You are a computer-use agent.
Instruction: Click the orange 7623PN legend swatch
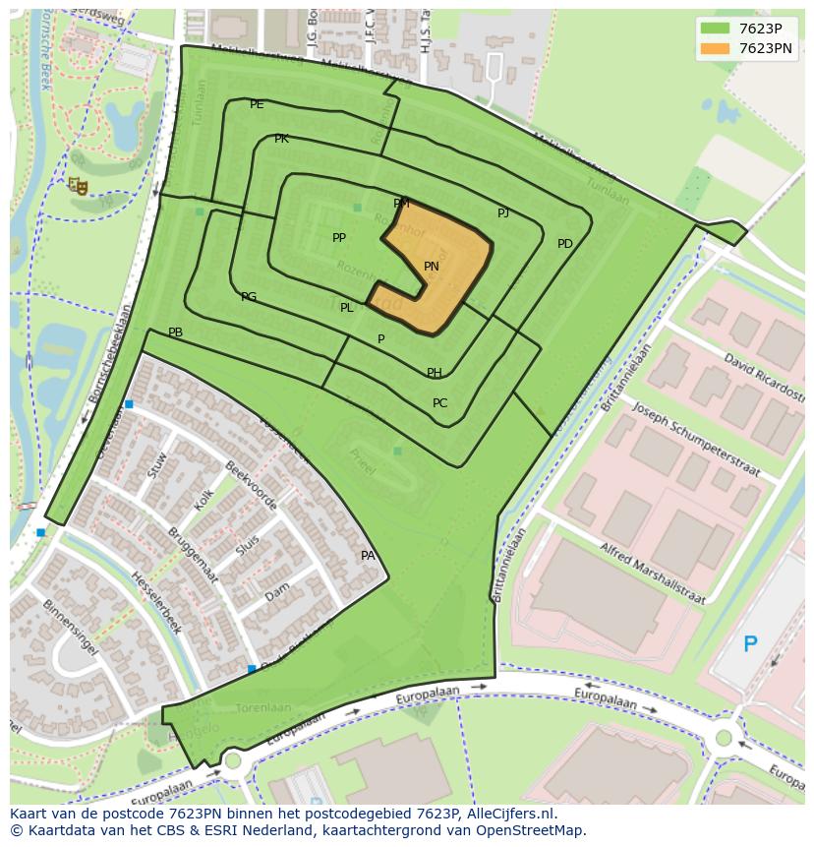click(715, 48)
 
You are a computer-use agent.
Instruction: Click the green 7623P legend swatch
click(715, 29)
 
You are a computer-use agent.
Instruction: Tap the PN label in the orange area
click(432, 267)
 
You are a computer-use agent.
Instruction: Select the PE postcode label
click(257, 104)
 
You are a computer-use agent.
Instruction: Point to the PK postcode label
click(281, 139)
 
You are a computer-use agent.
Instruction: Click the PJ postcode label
click(503, 212)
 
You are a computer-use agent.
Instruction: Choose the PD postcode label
click(564, 244)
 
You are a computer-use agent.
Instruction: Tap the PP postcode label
click(339, 238)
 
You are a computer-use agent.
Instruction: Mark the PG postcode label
click(249, 297)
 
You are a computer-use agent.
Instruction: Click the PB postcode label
click(175, 333)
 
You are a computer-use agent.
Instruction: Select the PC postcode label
click(439, 403)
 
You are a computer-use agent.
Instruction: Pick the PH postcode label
click(434, 373)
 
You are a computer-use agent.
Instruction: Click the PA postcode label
click(368, 556)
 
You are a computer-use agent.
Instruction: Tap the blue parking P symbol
click(750, 645)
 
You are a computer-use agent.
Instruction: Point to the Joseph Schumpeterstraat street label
click(696, 439)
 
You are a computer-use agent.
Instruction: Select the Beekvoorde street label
click(251, 486)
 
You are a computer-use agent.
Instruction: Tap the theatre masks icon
click(79, 186)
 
